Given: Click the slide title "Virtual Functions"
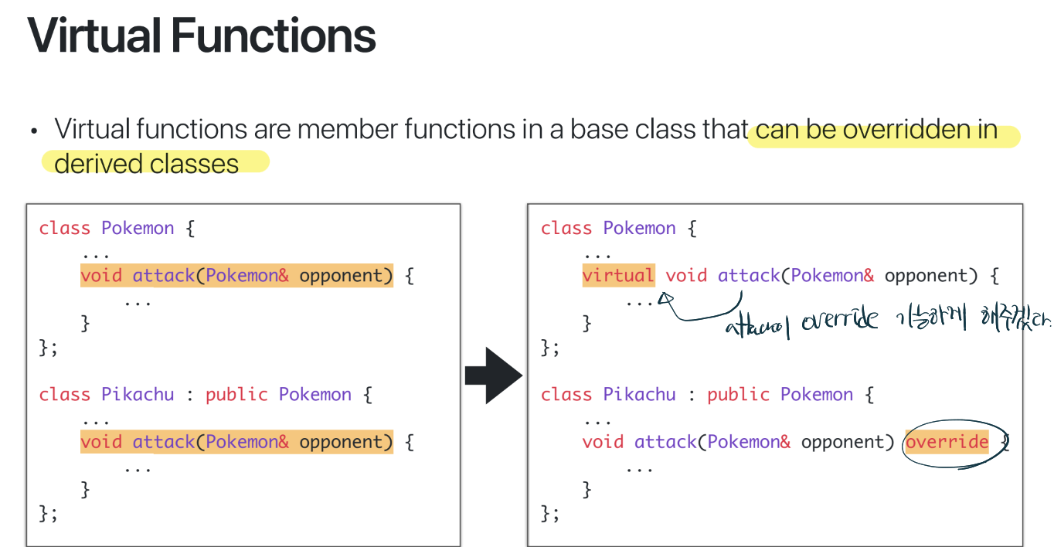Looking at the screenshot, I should [x=202, y=36].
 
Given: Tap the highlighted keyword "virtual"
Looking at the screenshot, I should [x=618, y=276].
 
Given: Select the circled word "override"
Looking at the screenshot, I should [x=947, y=443].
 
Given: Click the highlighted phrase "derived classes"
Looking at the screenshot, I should [x=147, y=163].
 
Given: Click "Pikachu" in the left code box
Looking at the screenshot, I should [x=138, y=395].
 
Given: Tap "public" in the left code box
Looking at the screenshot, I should [x=236, y=395].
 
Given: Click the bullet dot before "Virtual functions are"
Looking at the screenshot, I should [x=34, y=131].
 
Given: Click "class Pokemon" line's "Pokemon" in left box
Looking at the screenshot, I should [x=138, y=229].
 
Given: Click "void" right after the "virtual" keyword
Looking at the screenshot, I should [x=686, y=276].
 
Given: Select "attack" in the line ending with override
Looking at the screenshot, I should [x=665, y=442].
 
